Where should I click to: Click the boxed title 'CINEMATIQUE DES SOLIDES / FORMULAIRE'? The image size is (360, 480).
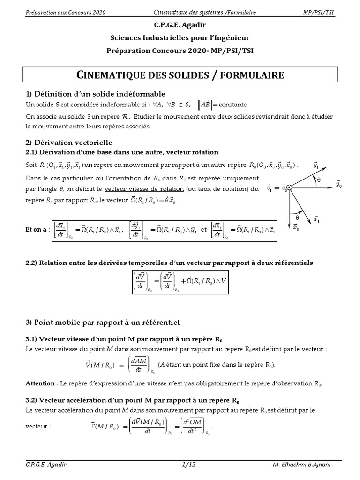180,75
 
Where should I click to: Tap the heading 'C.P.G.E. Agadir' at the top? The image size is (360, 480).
180,27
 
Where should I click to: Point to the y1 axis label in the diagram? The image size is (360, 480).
316,166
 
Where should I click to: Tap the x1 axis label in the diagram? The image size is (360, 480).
317,219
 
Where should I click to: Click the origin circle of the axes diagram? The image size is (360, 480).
289,188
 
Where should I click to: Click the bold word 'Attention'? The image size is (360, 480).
40,383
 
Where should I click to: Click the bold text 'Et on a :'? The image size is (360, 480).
37,230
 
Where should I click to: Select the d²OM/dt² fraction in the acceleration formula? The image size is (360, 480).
192,427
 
